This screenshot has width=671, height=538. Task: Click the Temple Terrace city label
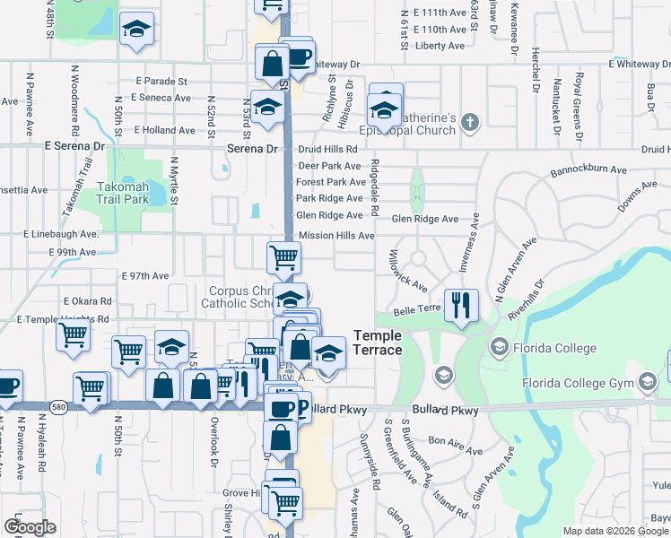378,342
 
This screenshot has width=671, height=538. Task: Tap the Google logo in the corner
30,526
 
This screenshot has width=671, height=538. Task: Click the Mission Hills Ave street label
336,236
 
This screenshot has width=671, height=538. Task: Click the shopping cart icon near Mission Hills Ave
283,257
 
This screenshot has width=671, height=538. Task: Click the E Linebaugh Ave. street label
61,235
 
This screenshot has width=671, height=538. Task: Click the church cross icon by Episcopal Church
472,121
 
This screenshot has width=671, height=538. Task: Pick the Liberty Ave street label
441,45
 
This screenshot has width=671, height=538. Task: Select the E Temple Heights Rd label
63,318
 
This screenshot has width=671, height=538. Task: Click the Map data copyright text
616,531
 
